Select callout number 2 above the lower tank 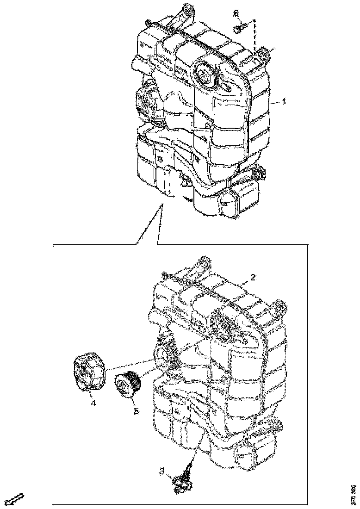(x=253, y=277)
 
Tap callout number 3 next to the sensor (x=161, y=471)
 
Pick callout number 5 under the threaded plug (x=136, y=410)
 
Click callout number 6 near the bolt (x=236, y=14)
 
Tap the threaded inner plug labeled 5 (x=128, y=385)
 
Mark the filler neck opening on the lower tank (x=165, y=357)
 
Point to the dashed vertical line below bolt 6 (x=254, y=37)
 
